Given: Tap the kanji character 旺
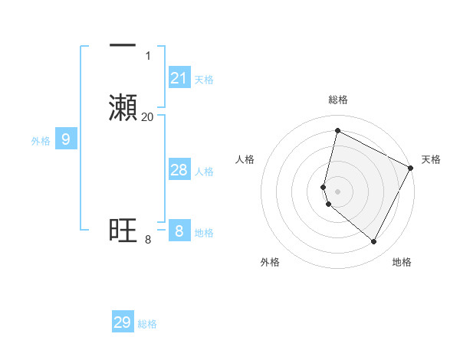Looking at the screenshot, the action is coord(123,231).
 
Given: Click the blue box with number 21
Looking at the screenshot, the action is coord(179,78).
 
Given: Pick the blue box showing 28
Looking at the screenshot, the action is coord(179,170).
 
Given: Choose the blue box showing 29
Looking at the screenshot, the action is coord(123,322).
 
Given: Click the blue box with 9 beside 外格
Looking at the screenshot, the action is coord(66,139).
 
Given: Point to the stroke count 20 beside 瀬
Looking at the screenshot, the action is coord(147,117).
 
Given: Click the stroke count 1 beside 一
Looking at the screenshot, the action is coord(148,56).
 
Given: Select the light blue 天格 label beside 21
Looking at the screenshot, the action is coord(204,79).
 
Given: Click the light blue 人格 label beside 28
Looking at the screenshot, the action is coord(204,172).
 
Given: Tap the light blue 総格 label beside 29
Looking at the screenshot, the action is coord(147,324).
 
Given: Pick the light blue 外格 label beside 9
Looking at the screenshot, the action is coord(41,140).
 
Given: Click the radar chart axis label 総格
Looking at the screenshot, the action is coord(337,100).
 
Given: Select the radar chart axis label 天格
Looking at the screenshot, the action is coord(431,159).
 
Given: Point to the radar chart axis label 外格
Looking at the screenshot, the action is coord(270,262).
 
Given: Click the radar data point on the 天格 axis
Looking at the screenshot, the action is coord(411,168).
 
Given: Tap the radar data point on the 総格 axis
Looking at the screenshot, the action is coord(337,130).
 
